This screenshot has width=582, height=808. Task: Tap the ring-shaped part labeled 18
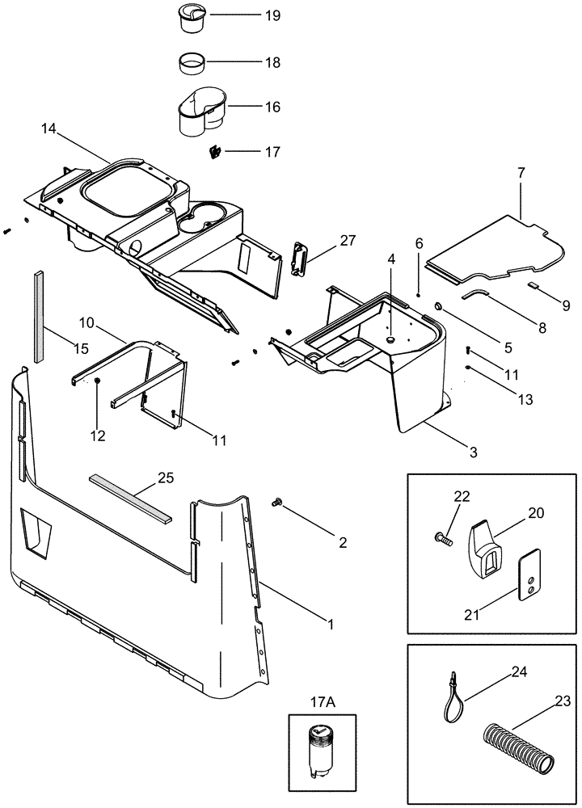193,62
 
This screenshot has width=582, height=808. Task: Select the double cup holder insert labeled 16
200,112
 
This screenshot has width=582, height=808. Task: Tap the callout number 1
329,624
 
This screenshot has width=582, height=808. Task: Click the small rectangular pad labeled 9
535,285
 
